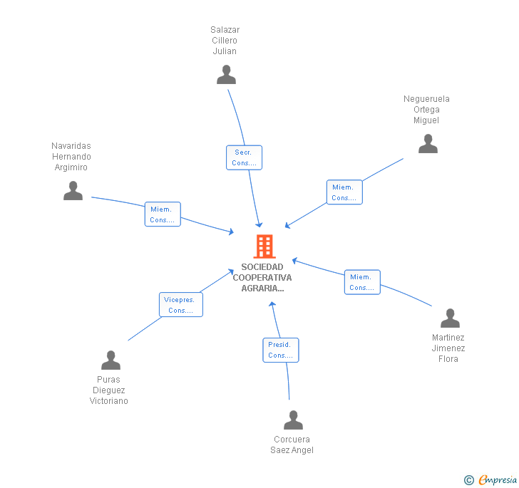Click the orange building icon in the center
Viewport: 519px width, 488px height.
coord(264,246)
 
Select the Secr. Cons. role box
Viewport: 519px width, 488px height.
coord(244,157)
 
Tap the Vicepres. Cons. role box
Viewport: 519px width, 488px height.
coord(181,304)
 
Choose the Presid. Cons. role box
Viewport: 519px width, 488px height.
coord(281,350)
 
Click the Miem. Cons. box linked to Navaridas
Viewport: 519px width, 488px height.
coord(163,214)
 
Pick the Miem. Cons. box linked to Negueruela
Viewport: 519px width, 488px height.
coord(344,192)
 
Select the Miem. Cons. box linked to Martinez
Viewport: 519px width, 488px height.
coord(362,282)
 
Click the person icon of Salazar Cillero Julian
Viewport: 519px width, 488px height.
coord(227,74)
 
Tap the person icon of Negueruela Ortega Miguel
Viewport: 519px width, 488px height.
coord(428,144)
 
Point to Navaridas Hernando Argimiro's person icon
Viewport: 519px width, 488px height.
coord(73,190)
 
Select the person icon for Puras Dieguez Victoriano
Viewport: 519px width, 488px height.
coord(111,360)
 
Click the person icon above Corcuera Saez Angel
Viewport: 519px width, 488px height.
coord(293,420)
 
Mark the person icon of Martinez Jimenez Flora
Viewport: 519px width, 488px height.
coord(450,318)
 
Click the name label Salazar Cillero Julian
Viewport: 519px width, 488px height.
coord(225,41)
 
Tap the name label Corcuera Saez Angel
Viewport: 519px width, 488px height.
coord(292,445)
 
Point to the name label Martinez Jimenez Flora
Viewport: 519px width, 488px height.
coord(448,348)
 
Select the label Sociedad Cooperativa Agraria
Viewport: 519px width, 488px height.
coord(262,278)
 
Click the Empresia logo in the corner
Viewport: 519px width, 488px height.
coord(490,479)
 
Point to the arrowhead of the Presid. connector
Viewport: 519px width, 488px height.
coord(272,304)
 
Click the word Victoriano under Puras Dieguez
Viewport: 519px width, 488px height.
coord(108,401)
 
